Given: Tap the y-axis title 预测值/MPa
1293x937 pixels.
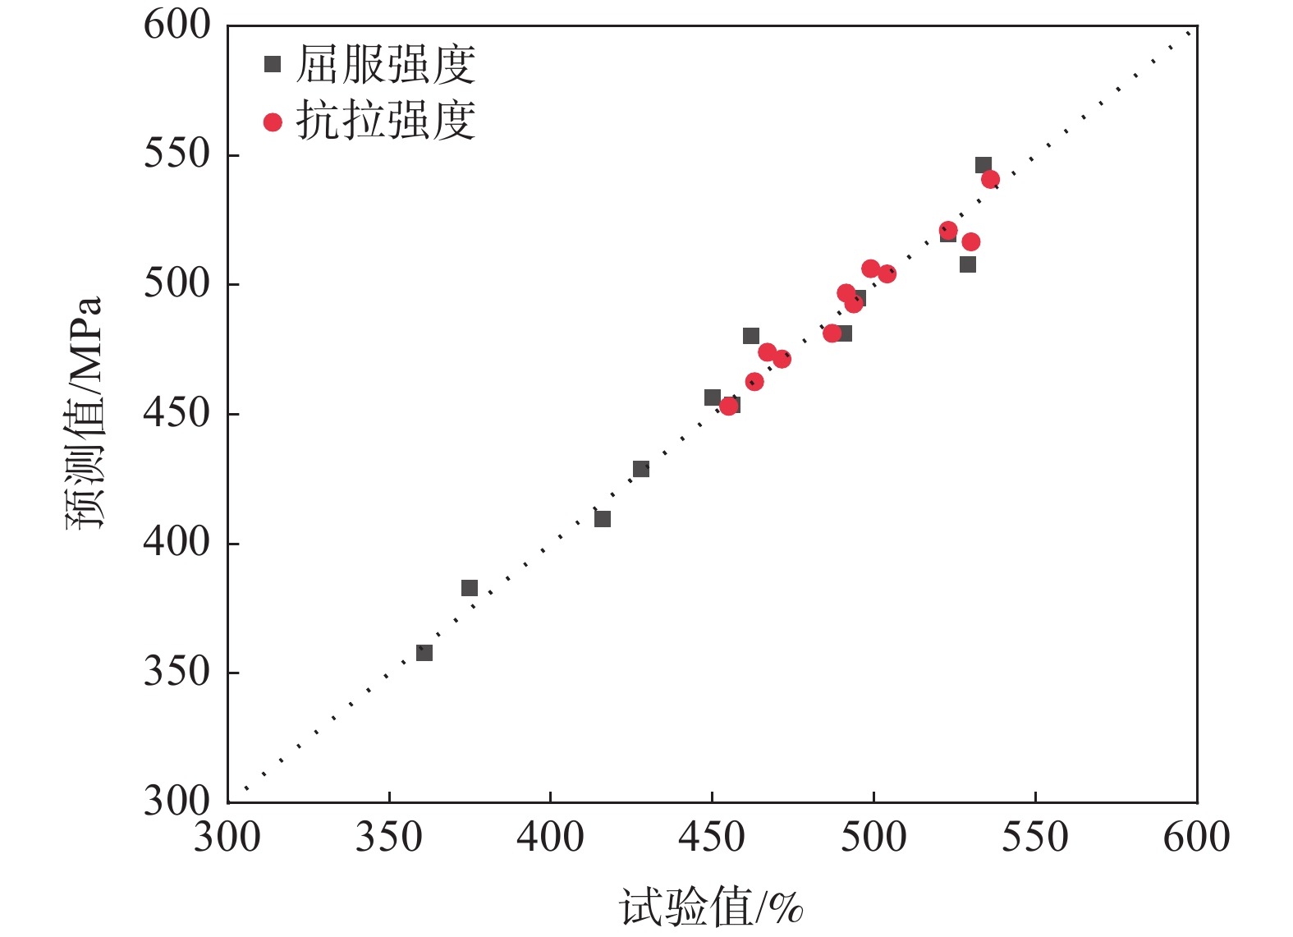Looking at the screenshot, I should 85,413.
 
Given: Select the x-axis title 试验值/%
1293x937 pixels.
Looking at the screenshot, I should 711,907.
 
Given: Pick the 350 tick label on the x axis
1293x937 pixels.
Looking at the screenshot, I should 388,837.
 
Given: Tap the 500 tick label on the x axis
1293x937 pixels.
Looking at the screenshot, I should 873,837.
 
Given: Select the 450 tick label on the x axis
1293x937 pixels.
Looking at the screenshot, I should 712,837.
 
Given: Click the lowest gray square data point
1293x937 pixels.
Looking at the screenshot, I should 424,653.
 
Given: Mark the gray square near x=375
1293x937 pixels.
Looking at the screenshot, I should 470,588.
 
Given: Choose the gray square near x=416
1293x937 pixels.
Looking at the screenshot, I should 603,519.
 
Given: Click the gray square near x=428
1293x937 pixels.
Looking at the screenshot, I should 641,469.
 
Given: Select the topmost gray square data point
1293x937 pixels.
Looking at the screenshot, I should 984,165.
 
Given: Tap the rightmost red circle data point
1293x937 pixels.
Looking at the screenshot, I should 990,179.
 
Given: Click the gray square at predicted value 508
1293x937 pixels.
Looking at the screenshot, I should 968,264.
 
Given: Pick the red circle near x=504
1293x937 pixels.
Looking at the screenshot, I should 887,273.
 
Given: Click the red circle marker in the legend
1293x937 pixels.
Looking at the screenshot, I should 273,122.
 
